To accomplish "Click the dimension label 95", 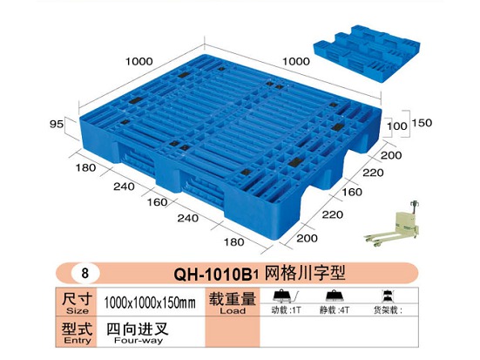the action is tap(57, 124).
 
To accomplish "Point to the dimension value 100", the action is tap(397, 126).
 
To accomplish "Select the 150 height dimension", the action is tap(422, 123).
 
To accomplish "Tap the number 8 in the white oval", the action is tap(85, 272).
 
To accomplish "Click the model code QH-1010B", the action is tap(216, 274).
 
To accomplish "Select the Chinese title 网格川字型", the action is tap(305, 272).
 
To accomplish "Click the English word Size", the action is tap(78, 310).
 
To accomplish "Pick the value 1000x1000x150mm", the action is tap(149, 302).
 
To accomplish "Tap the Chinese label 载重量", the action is tap(233, 299).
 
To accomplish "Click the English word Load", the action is tap(233, 310).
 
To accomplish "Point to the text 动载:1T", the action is tap(287, 310).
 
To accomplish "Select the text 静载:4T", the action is tap(335, 310).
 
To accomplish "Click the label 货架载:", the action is tap(388, 310).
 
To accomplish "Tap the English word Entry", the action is tap(78, 340).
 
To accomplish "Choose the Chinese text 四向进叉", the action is tap(138, 329).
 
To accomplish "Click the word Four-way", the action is tap(139, 340).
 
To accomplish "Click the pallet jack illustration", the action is tap(392, 224).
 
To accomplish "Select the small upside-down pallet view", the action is tap(367, 53).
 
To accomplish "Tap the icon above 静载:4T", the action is tap(335, 296).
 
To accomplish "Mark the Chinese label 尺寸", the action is tap(78, 299).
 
